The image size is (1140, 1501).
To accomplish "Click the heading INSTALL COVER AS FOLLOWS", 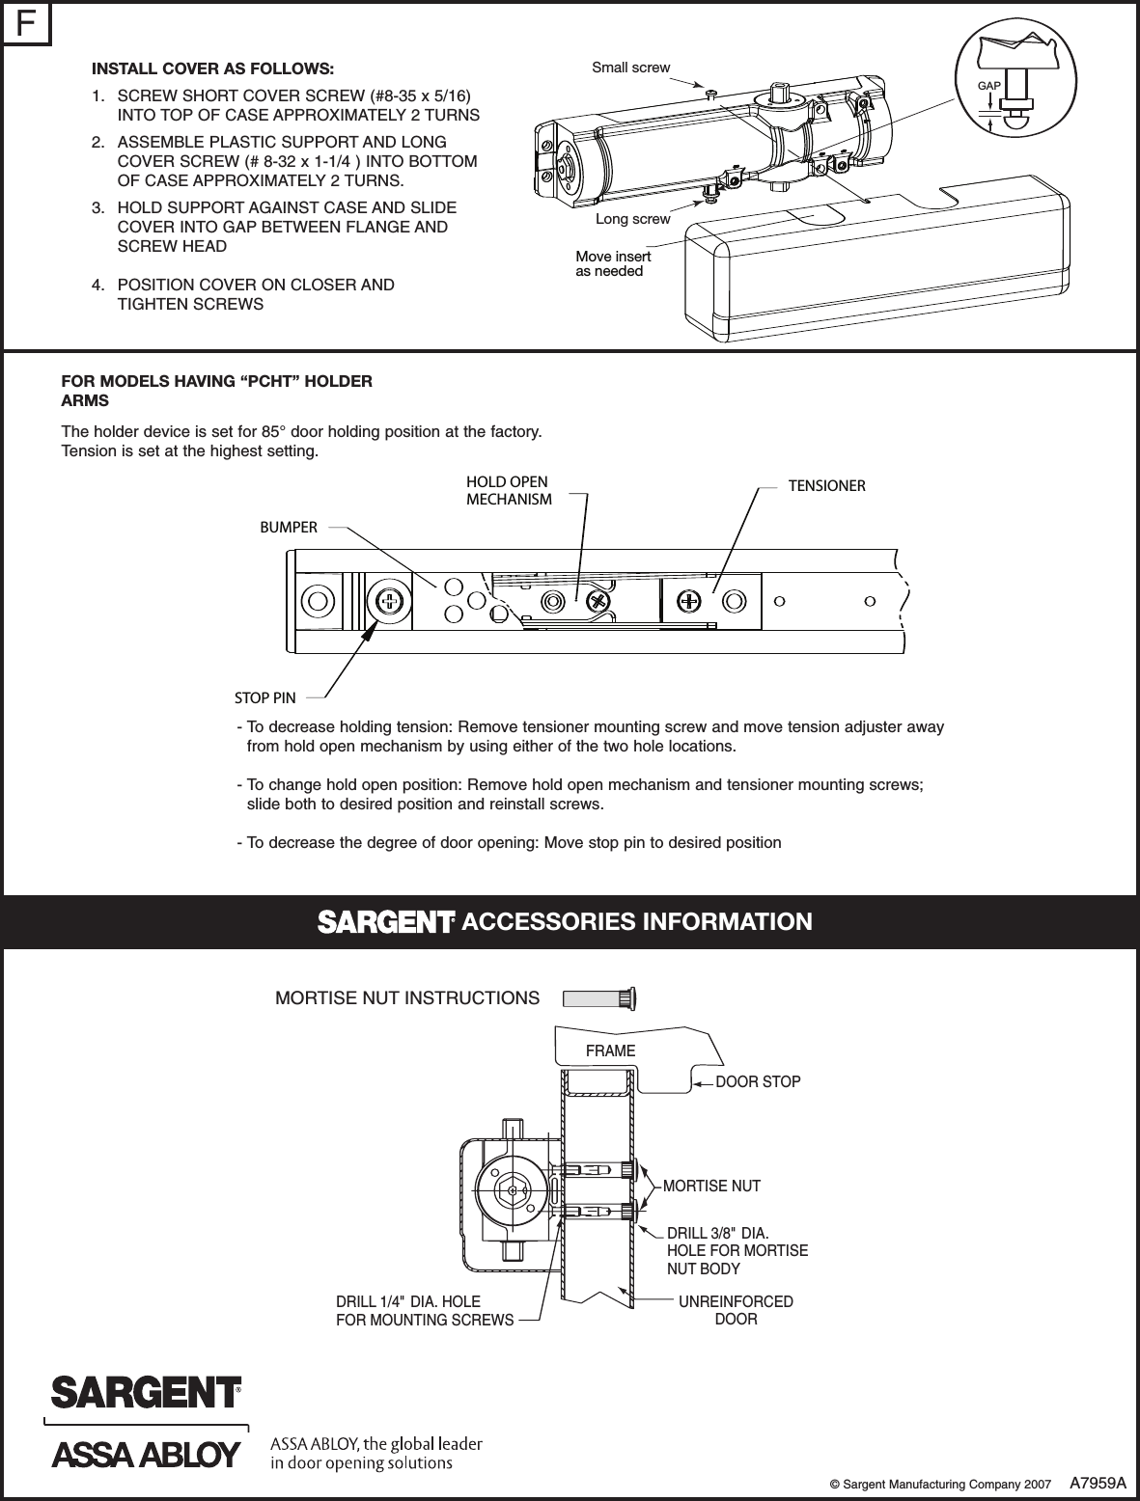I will click(x=212, y=69).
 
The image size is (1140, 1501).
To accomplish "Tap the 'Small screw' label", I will click(x=630, y=68).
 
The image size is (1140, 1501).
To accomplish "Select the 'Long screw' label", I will click(x=632, y=219).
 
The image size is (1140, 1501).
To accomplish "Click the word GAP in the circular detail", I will click(x=988, y=87).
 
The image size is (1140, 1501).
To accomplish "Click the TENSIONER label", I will click(x=826, y=486).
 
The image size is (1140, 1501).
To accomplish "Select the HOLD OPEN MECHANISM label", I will click(x=509, y=491).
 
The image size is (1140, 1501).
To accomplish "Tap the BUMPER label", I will click(x=289, y=528).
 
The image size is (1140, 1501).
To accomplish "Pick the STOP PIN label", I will click(x=265, y=696).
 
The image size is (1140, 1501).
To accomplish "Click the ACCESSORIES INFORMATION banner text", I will click(x=637, y=922).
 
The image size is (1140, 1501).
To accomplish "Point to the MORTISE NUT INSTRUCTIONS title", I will click(x=407, y=998).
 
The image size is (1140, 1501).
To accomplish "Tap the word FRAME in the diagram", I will click(x=611, y=1051).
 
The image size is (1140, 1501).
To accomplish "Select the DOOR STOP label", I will click(x=758, y=1082).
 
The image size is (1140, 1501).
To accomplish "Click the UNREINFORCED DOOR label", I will click(x=736, y=1310).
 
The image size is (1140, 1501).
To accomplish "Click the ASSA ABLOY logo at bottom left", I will click(x=145, y=1454).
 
